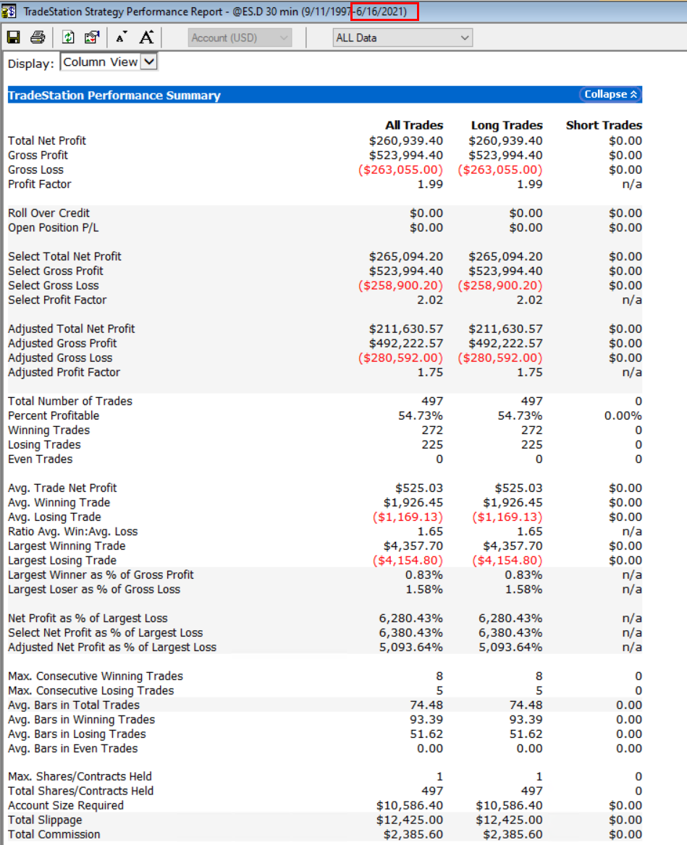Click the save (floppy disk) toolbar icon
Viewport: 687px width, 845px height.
13,37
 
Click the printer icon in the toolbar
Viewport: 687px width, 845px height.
38,37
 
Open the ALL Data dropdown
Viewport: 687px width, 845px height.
402,38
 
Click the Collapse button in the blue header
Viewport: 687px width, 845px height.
611,95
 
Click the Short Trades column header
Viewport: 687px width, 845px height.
604,125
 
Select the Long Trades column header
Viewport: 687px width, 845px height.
506,125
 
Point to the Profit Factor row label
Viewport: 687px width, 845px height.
39,184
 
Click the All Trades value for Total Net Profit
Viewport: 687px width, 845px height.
405,141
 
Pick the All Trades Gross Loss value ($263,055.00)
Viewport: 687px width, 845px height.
401,170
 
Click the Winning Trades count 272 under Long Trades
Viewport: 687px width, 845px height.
531,430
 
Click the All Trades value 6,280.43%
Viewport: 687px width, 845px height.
410,619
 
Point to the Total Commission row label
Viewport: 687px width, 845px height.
54,834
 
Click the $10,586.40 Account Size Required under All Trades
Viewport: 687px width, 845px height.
410,805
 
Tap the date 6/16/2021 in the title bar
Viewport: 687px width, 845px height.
386,12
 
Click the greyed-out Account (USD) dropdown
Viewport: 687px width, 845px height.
240,38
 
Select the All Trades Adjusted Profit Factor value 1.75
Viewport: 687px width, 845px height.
430,373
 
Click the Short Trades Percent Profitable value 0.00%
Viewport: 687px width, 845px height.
623,416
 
